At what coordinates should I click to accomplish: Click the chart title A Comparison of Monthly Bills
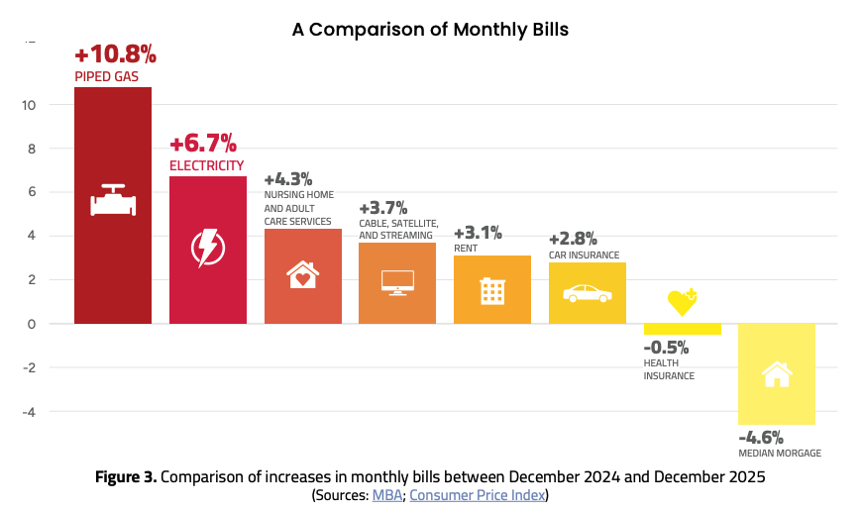(x=430, y=29)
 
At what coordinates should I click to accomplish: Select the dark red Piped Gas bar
(x=113, y=205)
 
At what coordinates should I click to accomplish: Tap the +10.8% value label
(x=116, y=54)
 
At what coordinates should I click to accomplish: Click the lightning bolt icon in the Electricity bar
(x=208, y=248)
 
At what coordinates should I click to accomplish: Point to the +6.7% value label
(x=203, y=144)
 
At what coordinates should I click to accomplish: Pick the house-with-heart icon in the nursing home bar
(x=302, y=274)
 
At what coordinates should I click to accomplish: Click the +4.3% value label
(x=288, y=179)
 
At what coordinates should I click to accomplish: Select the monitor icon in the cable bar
(x=397, y=283)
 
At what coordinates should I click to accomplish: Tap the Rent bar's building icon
(x=492, y=290)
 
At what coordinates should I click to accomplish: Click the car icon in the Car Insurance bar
(x=588, y=293)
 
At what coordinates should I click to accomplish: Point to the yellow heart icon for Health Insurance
(x=683, y=302)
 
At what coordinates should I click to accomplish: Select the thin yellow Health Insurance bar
(x=683, y=329)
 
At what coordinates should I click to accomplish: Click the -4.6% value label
(x=761, y=438)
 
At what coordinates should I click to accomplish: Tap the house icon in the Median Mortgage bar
(x=777, y=374)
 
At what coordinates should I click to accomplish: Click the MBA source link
(x=387, y=495)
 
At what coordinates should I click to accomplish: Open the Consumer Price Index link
(x=478, y=495)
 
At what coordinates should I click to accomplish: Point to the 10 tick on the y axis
(x=29, y=105)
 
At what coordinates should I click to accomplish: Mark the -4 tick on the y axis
(x=29, y=411)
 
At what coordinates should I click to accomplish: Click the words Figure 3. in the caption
(x=126, y=476)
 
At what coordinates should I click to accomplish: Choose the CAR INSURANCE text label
(x=584, y=255)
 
